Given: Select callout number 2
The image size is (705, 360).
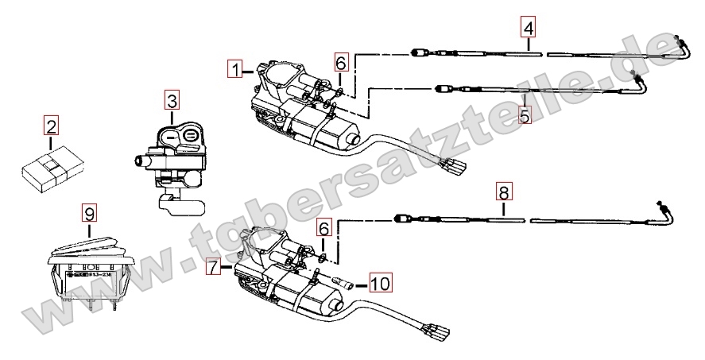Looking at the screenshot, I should pyautogui.click(x=51, y=126).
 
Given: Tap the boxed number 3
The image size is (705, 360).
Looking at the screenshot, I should pyautogui.click(x=172, y=101).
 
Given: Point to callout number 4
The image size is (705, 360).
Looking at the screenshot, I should pyautogui.click(x=529, y=28).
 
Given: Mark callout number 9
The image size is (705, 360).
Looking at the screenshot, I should pyautogui.click(x=89, y=214).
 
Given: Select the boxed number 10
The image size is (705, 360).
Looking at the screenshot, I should pyautogui.click(x=379, y=281).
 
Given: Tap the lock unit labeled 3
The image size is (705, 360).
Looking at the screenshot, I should pyautogui.click(x=173, y=159).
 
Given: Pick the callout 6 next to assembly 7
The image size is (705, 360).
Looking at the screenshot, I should pyautogui.click(x=322, y=227).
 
